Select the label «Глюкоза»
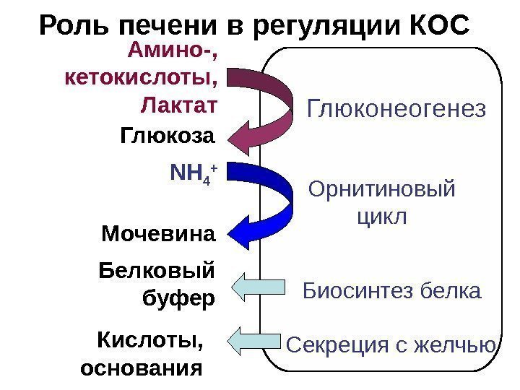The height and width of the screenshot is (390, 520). point(168,136)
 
